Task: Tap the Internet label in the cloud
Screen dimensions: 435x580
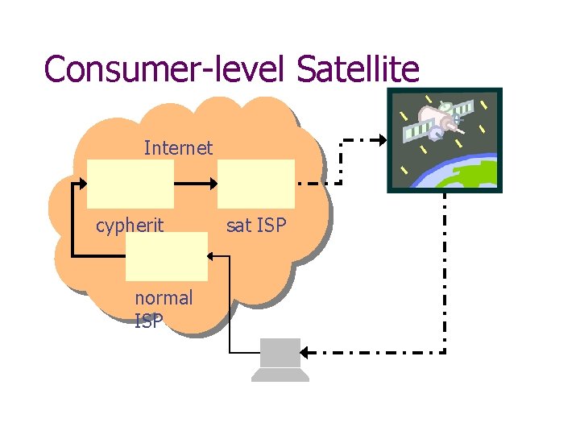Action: [178, 147]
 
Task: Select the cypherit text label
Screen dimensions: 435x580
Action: [130, 226]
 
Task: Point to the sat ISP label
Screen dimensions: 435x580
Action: [256, 226]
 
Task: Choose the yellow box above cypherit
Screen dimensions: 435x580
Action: [130, 184]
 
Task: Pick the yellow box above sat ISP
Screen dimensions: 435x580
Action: [256, 184]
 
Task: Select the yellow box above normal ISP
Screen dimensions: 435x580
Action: [167, 256]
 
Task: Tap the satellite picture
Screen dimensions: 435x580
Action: [444, 140]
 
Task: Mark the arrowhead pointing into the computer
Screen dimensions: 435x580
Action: [307, 352]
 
